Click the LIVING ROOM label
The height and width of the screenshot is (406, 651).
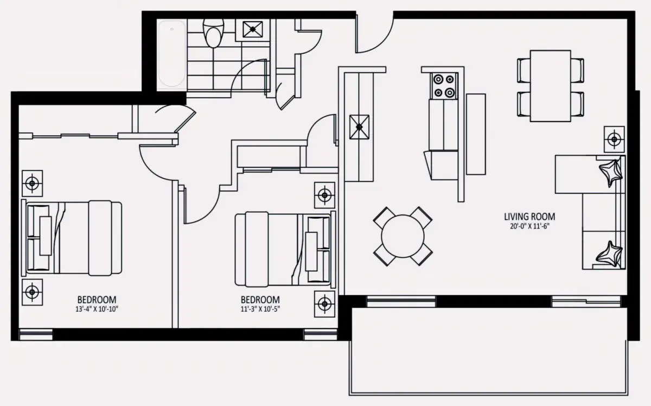pyautogui.click(x=529, y=217)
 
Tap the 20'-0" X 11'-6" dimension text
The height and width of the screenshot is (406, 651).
pyautogui.click(x=529, y=226)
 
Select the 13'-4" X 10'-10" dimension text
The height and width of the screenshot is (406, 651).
pyautogui.click(x=97, y=309)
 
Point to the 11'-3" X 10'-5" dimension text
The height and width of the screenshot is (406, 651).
pyautogui.click(x=260, y=309)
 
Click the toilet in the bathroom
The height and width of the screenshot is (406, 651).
pyautogui.click(x=213, y=33)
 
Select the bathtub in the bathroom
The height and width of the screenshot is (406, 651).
pyautogui.click(x=172, y=54)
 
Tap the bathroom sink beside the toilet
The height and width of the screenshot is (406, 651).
pyautogui.click(x=253, y=29)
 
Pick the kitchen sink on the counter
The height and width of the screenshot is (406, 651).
pyautogui.click(x=359, y=127)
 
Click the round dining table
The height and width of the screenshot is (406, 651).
pyautogui.click(x=403, y=236)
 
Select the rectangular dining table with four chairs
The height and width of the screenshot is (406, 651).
pyautogui.click(x=551, y=86)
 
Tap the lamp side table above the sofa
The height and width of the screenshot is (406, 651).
pyautogui.click(x=614, y=139)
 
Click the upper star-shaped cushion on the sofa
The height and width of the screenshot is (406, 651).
pyautogui.click(x=610, y=173)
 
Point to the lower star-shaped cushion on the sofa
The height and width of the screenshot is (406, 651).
pyautogui.click(x=609, y=254)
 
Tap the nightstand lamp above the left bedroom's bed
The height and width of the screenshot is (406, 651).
pyautogui.click(x=32, y=183)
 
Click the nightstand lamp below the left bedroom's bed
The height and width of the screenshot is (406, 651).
pyautogui.click(x=32, y=292)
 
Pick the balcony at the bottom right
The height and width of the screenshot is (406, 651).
pyautogui.click(x=489, y=351)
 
